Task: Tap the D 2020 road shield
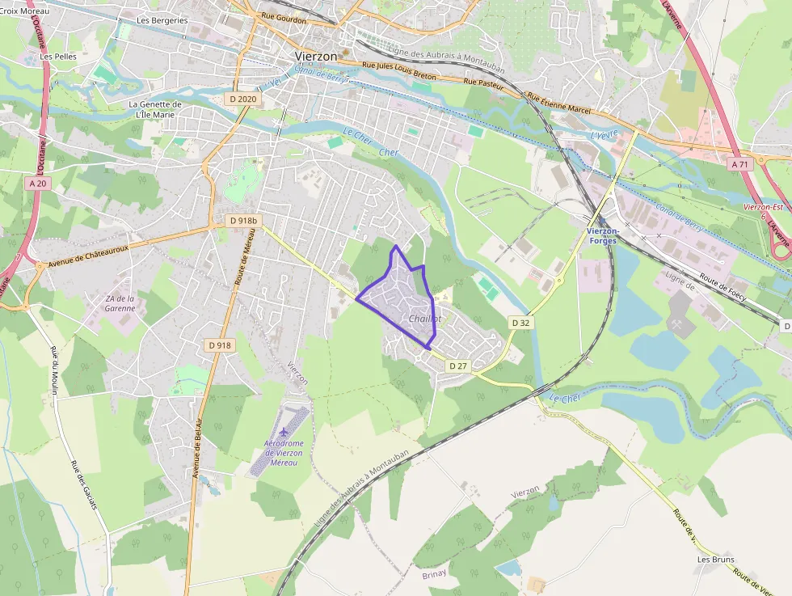tap(242, 99)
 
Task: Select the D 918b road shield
tap(242, 221)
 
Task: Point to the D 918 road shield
tap(218, 345)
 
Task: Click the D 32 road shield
tap(520, 323)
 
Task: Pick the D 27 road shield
tap(458, 366)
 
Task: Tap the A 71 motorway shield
tap(739, 164)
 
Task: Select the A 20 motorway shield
tap(38, 184)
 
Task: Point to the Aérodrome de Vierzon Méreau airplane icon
tap(283, 429)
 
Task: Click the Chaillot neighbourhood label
tap(424, 319)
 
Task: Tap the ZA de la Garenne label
tap(120, 303)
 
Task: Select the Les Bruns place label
tap(714, 559)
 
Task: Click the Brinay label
tap(434, 575)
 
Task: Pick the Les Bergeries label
tap(162, 20)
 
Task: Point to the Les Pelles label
tap(57, 57)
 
